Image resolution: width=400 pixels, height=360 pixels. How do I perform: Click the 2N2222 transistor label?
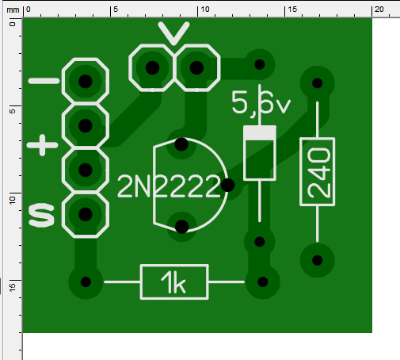(169, 186)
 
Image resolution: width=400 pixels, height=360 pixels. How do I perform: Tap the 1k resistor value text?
(173, 282)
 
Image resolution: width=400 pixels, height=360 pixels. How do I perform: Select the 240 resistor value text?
(319, 173)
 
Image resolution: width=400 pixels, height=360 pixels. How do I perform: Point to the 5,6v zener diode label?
(261, 103)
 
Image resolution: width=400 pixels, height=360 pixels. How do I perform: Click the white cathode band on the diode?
(260, 133)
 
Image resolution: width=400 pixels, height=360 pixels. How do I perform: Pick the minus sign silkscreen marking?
(44, 81)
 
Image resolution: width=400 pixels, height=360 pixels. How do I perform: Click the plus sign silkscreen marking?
(42, 145)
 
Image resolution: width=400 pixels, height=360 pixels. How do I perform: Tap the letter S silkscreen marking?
(41, 215)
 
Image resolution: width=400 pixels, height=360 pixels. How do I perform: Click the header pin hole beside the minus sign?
(86, 81)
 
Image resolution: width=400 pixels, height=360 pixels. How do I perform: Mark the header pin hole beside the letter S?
(86, 214)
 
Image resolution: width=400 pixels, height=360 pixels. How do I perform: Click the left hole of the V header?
(152, 67)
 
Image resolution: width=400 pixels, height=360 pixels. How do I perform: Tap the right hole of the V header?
(196, 67)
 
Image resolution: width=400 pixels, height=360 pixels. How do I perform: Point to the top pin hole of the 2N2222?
(181, 144)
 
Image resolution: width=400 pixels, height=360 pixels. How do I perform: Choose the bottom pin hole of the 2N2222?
(181, 227)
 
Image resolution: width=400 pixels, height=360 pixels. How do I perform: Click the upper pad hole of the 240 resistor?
(318, 83)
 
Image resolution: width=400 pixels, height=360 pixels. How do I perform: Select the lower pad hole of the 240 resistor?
(318, 260)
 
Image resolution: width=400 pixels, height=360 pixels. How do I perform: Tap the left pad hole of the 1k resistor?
(86, 282)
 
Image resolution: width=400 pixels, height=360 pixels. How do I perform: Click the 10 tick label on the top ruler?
(205, 10)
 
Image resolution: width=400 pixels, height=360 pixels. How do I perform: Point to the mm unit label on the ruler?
(13, 10)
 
